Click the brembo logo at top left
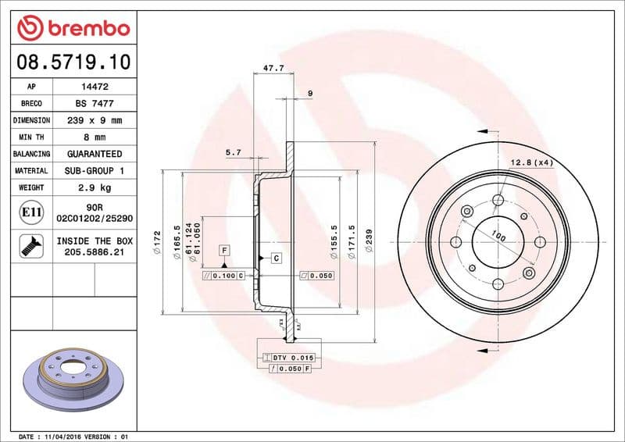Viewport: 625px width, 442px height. (73, 28)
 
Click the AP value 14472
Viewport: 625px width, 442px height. (95, 87)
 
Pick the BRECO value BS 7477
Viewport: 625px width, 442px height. (95, 103)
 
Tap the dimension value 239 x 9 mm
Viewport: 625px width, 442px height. (95, 120)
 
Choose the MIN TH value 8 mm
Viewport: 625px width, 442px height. (95, 137)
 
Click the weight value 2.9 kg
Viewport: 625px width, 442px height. (95, 187)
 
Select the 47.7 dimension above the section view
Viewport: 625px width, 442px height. (273, 69)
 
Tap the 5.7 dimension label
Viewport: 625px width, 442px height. (233, 153)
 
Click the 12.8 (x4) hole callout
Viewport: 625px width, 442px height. (532, 162)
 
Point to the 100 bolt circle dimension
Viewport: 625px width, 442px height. (498, 236)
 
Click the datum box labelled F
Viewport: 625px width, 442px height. (224, 250)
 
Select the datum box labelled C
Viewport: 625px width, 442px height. (277, 257)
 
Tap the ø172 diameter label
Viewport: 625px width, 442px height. (157, 238)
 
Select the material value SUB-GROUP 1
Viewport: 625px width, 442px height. (95, 170)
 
